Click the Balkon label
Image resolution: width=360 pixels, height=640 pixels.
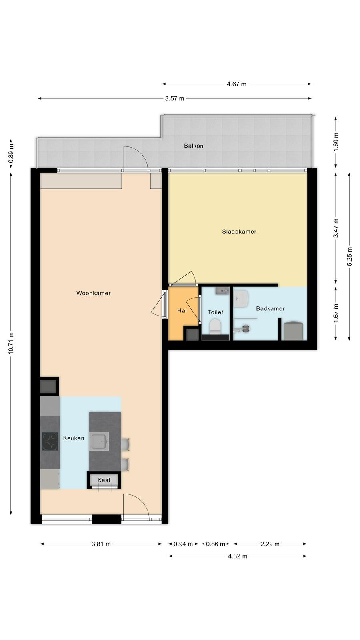pyautogui.click(x=194, y=146)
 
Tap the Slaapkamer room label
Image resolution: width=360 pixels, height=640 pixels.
pyautogui.click(x=239, y=232)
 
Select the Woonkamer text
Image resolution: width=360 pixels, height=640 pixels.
pyautogui.click(x=94, y=293)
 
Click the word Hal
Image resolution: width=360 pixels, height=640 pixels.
pyautogui.click(x=182, y=310)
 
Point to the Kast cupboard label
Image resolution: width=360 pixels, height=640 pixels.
pyautogui.click(x=104, y=480)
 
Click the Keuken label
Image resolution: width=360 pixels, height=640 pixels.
pyautogui.click(x=74, y=438)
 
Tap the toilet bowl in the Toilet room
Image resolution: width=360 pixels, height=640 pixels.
pyautogui.click(x=215, y=326)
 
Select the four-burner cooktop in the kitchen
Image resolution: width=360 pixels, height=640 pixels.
pyautogui.click(x=50, y=442)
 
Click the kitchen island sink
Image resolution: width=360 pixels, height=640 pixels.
pyautogui.click(x=99, y=442)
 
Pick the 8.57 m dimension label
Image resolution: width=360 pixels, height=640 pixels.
pyautogui.click(x=174, y=98)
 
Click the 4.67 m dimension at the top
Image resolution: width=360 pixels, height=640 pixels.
pyautogui.click(x=236, y=84)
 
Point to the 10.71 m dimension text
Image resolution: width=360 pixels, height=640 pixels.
pyautogui.click(x=11, y=343)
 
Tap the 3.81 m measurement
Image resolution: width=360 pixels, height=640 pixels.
pyautogui.click(x=101, y=544)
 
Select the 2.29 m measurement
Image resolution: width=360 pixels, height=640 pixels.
pyautogui.click(x=270, y=544)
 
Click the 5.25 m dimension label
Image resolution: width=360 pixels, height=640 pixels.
pyautogui.click(x=350, y=256)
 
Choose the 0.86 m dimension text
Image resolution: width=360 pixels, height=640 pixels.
pyautogui.click(x=216, y=544)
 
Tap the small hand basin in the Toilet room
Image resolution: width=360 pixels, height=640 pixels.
pyautogui.click(x=222, y=291)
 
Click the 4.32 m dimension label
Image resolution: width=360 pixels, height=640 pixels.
pyautogui.click(x=238, y=556)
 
